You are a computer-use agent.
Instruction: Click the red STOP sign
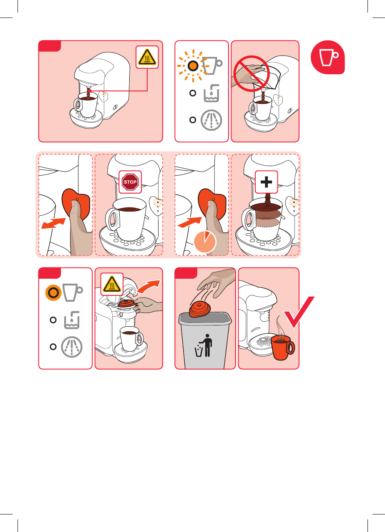point(130,182)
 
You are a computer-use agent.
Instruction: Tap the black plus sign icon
point(266,182)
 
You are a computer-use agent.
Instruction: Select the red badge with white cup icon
point(327,57)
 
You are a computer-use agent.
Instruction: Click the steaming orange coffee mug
point(283,347)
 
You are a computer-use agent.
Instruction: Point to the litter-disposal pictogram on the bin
point(204,345)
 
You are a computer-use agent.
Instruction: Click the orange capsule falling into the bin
point(200,309)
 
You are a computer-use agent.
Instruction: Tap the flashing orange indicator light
point(193,66)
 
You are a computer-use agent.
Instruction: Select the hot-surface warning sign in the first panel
point(147,57)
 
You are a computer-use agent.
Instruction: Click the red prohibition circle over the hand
point(252,73)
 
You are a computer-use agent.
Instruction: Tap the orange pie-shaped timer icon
point(205,242)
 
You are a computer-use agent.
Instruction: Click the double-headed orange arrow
point(53,224)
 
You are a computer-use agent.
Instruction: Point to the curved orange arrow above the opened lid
point(148,286)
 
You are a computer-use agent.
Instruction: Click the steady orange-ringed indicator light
point(53,292)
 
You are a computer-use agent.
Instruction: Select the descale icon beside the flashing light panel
point(211,120)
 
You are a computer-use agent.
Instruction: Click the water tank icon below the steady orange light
point(72,320)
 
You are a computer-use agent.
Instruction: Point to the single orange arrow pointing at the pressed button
point(190,222)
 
